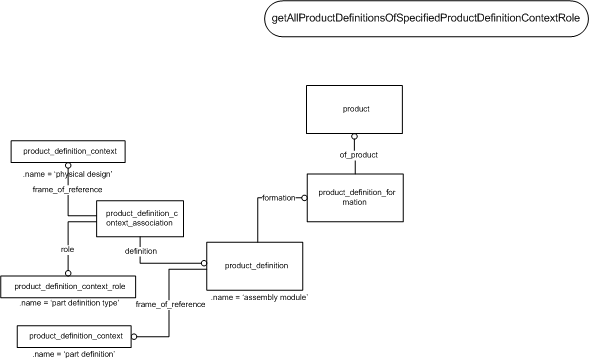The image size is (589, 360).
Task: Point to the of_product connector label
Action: click(359, 155)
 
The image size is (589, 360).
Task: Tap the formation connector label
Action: click(279, 198)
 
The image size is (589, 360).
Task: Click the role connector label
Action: click(68, 250)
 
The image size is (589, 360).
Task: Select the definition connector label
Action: click(141, 251)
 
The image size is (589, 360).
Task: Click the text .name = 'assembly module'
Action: click(259, 297)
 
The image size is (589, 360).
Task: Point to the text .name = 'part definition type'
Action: click(69, 303)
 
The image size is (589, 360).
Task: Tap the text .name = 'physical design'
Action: click(68, 174)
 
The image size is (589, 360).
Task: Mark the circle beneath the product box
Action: click(354, 136)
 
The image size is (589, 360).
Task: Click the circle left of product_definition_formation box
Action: click(304, 198)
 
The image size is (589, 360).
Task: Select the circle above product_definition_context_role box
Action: click(68, 273)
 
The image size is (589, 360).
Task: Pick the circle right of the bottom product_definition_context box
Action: click(134, 336)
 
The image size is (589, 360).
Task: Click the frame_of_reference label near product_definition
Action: click(170, 304)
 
